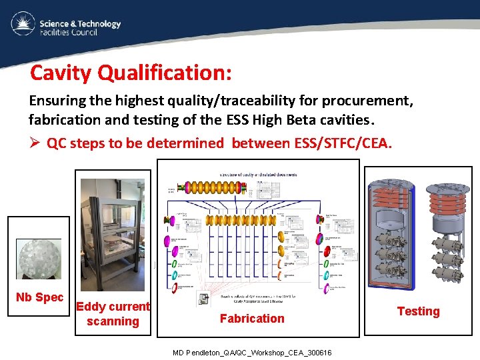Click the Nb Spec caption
(x=39, y=297)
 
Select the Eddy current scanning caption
(x=113, y=314)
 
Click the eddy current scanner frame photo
(x=112, y=233)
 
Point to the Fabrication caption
(x=252, y=319)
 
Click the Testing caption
(x=418, y=311)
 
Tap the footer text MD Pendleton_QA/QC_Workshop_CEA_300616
(x=252, y=352)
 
